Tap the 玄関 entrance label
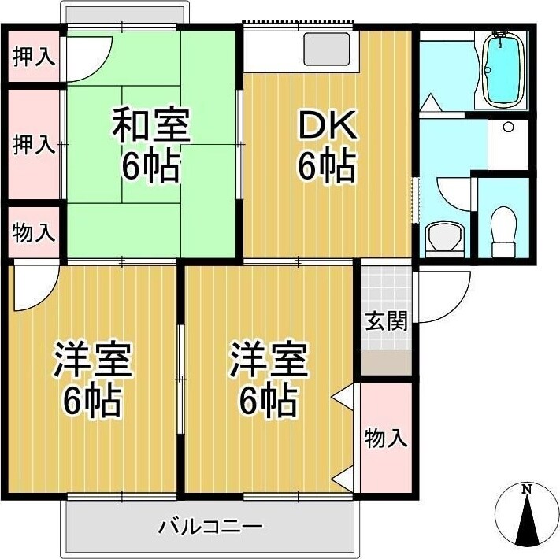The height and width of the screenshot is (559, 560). click(386, 321)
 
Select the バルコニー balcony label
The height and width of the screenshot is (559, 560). click(210, 526)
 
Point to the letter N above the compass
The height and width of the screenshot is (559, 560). click(528, 489)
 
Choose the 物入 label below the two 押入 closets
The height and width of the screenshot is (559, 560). click(34, 232)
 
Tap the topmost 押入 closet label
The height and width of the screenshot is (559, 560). click(34, 57)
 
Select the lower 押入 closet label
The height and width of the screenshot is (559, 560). click(34, 144)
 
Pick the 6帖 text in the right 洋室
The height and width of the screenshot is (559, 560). click(268, 403)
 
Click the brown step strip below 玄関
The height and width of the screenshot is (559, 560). click(386, 363)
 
